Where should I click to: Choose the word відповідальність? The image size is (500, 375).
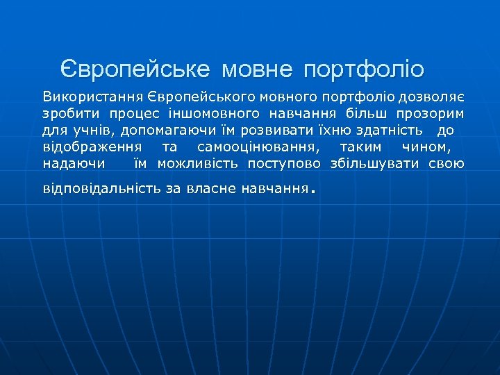click(x=102, y=188)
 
